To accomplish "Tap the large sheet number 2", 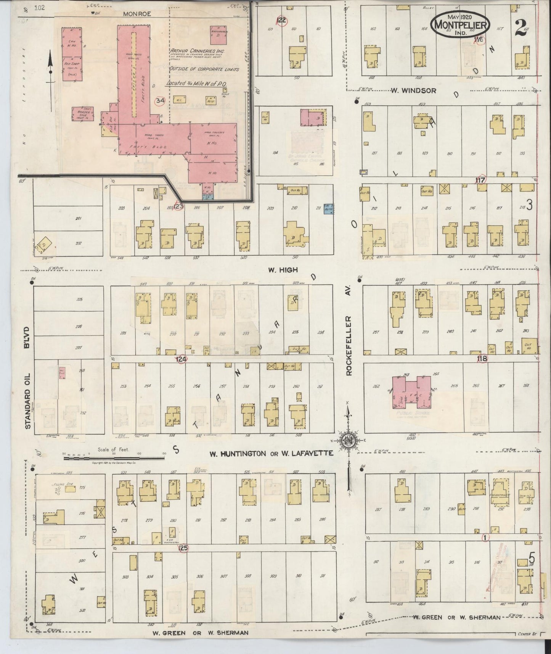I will [519, 27].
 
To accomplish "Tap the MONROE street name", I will [137, 14].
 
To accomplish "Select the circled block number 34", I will [160, 101].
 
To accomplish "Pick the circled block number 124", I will [181, 359].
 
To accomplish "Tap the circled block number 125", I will [183, 548].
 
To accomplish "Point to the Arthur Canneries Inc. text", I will [198, 51].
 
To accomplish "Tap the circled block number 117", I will [480, 180].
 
